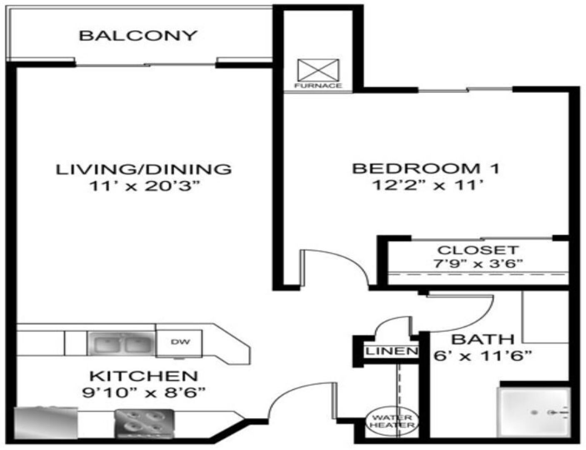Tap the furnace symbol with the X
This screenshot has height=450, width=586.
pos(318,70)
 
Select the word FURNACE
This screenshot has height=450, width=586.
pos(318,86)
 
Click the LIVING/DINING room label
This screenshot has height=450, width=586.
pos(143,169)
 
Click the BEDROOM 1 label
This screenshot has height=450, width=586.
pos(426,168)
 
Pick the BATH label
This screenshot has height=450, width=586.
pos(483,340)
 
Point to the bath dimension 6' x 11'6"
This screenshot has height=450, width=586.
pos(483,356)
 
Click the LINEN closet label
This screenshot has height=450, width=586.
pos(391,351)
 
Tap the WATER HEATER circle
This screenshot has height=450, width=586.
pos(392,421)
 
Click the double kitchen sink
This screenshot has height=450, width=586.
pos(121,343)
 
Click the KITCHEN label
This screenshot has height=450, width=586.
pos(144,377)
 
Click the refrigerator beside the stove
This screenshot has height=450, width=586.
pos(46,423)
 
